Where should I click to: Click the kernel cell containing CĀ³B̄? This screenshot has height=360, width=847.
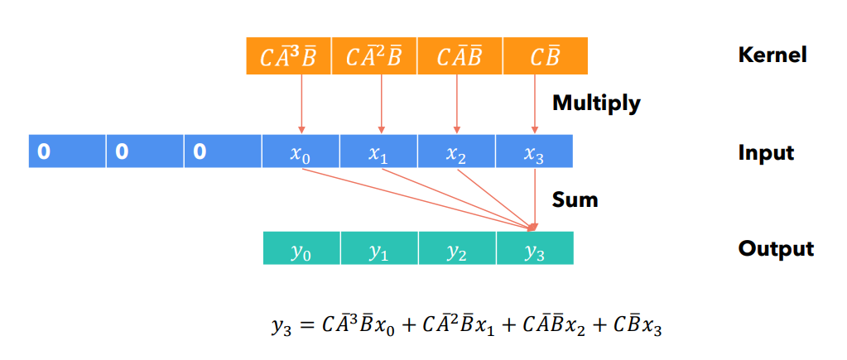287,56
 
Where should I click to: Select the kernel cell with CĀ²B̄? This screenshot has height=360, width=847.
373,56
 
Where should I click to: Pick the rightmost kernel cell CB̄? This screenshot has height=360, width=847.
544,56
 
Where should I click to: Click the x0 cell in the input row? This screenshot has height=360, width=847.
301,151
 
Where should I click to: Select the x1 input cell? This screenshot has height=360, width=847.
378,151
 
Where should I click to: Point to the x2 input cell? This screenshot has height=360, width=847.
456,151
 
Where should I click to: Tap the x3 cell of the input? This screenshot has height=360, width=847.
534,151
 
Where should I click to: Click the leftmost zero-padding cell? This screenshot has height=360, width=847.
67,151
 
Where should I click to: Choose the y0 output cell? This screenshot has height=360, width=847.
301,249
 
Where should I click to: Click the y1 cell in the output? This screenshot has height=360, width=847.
378,249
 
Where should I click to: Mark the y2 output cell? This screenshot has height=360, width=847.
456,249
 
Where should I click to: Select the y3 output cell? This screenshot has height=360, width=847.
534,249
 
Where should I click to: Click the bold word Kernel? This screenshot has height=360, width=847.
772,55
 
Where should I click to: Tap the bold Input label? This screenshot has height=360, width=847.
766,152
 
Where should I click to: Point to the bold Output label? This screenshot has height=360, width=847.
776,249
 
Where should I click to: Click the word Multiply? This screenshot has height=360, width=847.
596,103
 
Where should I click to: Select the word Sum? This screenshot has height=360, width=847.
575,199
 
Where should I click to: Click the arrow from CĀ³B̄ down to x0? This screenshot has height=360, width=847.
301,103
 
